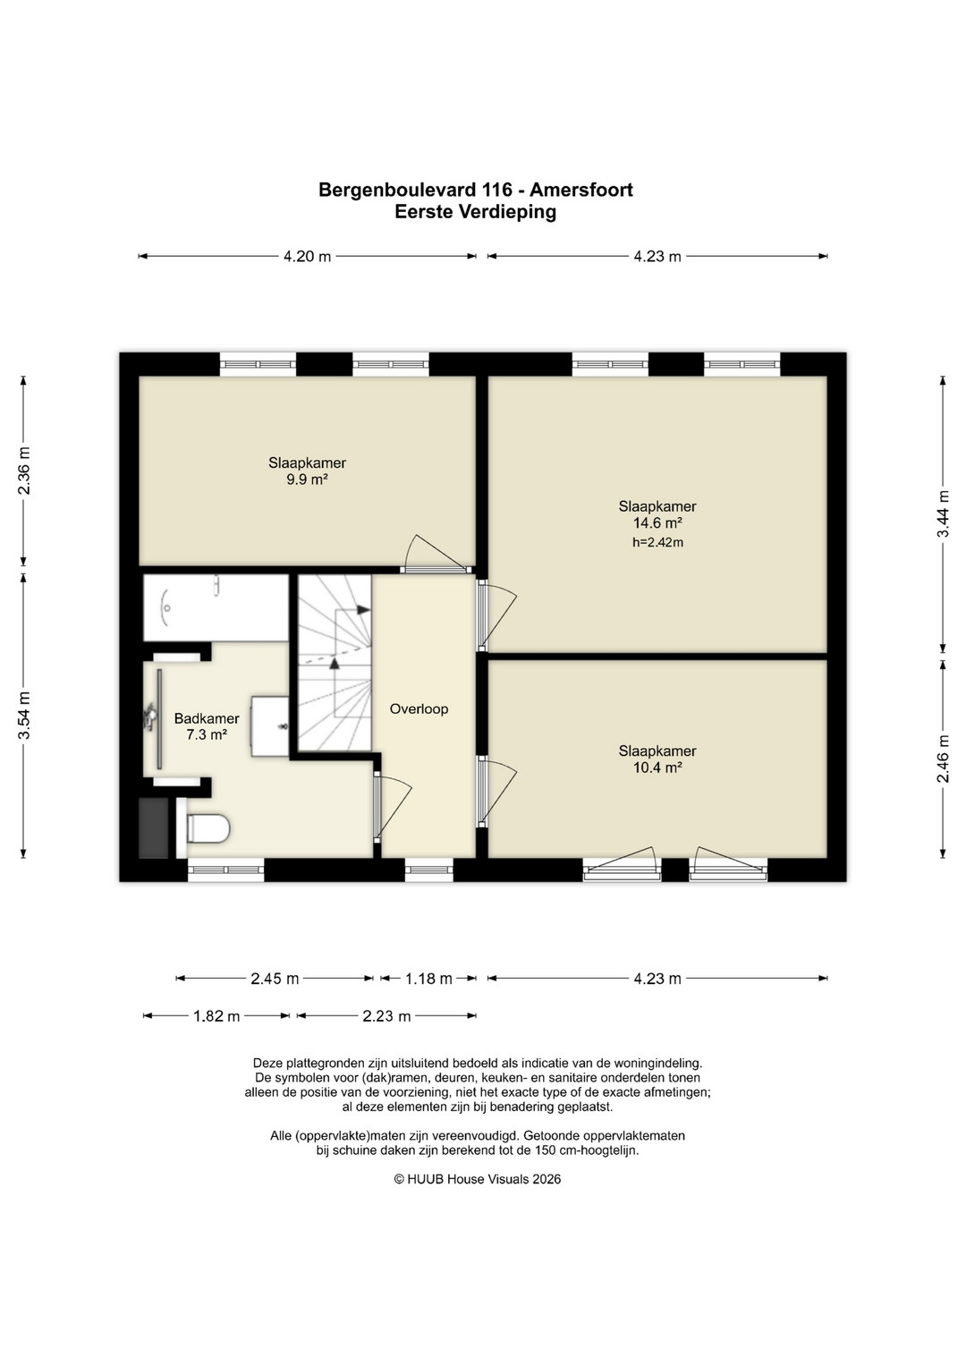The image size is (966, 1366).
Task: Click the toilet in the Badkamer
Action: pyautogui.click(x=204, y=828)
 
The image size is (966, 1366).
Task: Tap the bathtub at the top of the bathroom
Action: pyautogui.click(x=216, y=607)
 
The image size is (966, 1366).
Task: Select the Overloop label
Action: pyautogui.click(x=419, y=708)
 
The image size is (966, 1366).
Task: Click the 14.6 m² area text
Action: pyautogui.click(x=657, y=522)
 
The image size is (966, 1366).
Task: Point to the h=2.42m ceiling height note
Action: pyautogui.click(x=657, y=542)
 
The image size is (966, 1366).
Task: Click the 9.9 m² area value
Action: pyautogui.click(x=308, y=479)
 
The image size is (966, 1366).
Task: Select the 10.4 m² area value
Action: pyautogui.click(x=657, y=768)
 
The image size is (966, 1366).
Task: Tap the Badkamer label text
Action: pyautogui.click(x=207, y=718)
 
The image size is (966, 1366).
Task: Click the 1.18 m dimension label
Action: pyautogui.click(x=428, y=979)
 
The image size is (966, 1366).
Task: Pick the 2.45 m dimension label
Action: pyautogui.click(x=275, y=979)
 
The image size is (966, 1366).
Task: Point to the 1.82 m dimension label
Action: pyautogui.click(x=216, y=1016)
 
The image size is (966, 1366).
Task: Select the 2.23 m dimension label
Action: pyautogui.click(x=386, y=1016)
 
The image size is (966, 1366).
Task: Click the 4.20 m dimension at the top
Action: pyautogui.click(x=307, y=256)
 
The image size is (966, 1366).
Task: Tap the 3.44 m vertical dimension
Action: pyautogui.click(x=943, y=513)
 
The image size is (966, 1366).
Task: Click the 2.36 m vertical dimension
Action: pyautogui.click(x=24, y=471)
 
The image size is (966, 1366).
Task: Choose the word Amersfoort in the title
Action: pyautogui.click(x=581, y=190)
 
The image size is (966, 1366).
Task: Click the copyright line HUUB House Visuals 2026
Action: pyautogui.click(x=478, y=1179)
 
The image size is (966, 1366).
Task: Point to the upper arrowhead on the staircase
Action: pyautogui.click(x=363, y=609)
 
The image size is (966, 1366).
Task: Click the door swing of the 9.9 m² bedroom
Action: pyautogui.click(x=438, y=553)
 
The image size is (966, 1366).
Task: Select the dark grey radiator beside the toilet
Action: pyautogui.click(x=154, y=827)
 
